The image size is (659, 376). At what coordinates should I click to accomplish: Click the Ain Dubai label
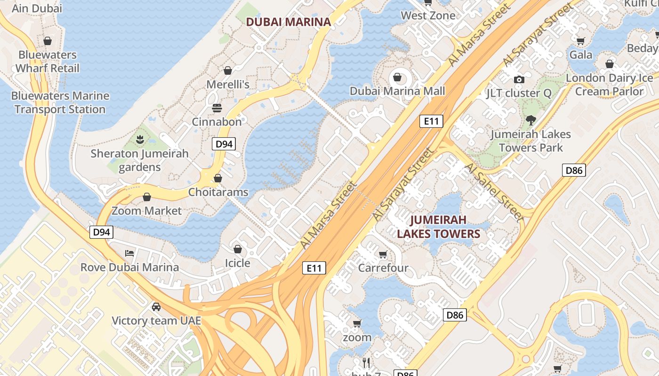click(37, 8)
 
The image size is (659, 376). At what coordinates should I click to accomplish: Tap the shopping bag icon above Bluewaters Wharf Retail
click(48, 41)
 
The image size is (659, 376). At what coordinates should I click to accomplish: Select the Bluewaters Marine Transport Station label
click(60, 102)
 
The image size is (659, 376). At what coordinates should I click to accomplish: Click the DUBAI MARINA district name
click(289, 22)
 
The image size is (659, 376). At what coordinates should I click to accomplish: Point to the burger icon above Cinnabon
click(217, 108)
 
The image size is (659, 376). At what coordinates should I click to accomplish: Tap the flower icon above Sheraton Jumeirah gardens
click(139, 140)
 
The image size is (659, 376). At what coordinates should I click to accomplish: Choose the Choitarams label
click(218, 192)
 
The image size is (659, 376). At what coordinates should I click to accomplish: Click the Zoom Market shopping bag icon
click(147, 197)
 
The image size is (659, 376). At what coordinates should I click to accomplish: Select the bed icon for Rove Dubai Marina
click(129, 253)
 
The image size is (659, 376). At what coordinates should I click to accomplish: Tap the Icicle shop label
click(237, 263)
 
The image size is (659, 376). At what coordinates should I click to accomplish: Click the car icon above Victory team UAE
click(156, 307)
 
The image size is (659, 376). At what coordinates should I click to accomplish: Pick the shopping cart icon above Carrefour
click(383, 254)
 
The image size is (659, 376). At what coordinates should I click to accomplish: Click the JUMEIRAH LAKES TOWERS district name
click(438, 227)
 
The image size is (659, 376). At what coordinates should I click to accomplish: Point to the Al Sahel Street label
click(494, 192)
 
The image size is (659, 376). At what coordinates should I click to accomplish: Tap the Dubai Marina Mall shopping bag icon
click(397, 77)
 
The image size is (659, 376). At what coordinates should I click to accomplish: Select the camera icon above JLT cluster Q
click(519, 79)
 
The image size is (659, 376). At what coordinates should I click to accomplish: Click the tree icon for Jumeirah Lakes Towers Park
click(531, 120)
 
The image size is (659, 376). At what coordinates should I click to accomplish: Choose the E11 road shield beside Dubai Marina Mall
click(431, 121)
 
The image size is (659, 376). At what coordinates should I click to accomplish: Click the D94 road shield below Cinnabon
click(224, 144)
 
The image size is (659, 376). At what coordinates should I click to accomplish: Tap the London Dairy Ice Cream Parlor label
click(609, 85)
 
